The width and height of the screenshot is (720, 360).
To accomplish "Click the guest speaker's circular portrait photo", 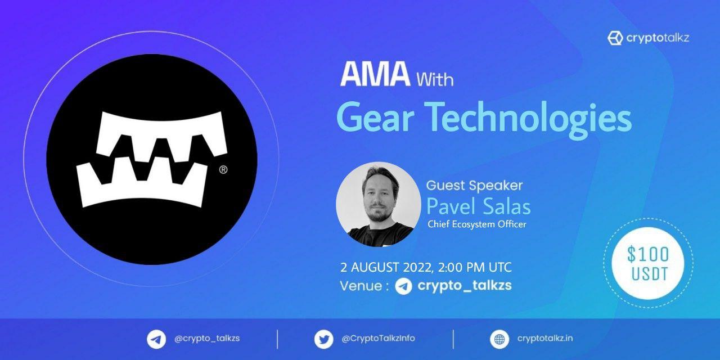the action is click(379, 204).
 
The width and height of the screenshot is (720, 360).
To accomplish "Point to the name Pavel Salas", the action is click(478, 206).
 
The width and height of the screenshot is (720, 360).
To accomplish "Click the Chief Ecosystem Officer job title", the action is click(476, 224).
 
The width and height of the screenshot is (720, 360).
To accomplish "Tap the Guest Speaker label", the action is click(474, 186).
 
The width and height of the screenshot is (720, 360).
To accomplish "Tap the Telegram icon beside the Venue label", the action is click(403, 286).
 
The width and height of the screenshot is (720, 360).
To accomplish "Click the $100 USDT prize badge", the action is click(648, 263).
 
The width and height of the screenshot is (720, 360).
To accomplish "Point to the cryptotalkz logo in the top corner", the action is click(648, 38).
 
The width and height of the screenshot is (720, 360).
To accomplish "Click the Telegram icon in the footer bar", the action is click(156, 339).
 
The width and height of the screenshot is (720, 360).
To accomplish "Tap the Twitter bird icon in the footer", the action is click(323, 339).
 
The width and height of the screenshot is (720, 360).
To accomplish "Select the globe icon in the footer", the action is click(499, 339).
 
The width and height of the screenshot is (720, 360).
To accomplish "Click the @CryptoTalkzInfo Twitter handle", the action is click(379, 339).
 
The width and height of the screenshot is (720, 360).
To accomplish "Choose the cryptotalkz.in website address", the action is click(545, 339).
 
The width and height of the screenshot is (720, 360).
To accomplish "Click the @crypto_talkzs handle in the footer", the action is click(207, 339).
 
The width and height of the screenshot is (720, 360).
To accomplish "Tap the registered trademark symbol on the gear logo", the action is click(223, 170).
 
